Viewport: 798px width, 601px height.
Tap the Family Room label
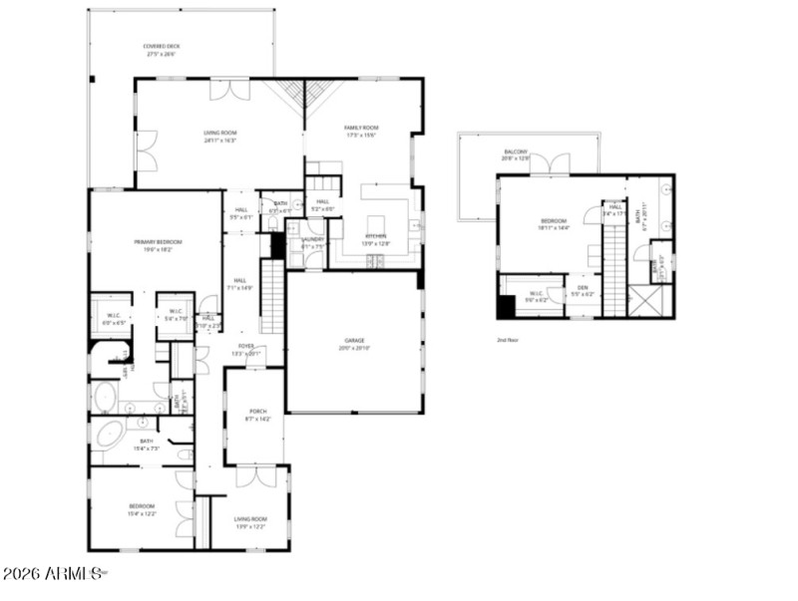pos(361,131)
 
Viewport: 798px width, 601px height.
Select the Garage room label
pos(356,344)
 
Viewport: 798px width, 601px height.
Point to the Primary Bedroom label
pos(155,245)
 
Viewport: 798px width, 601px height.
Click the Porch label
pos(257,416)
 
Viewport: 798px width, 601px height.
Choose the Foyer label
pos(245,349)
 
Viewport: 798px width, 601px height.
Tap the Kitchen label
pos(356,239)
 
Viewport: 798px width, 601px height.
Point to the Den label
pos(583,291)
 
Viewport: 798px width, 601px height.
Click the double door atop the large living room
pos(229,89)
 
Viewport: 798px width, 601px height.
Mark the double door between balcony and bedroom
pos(550,164)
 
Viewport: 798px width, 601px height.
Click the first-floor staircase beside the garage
pos(272,295)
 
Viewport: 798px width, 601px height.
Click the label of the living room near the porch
pos(250,522)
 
